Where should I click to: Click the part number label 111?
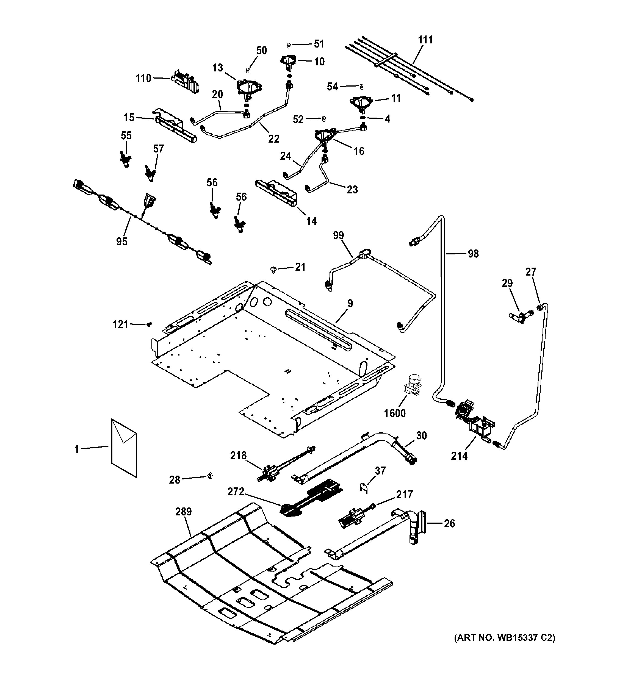pos(425,40)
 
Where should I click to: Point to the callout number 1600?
pos(394,413)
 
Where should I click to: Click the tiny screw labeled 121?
pos(149,324)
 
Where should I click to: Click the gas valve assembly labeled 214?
pos(474,421)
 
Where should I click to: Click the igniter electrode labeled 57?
pos(150,172)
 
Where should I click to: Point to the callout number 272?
pos(236,492)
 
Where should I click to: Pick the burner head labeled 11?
pos(360,102)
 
